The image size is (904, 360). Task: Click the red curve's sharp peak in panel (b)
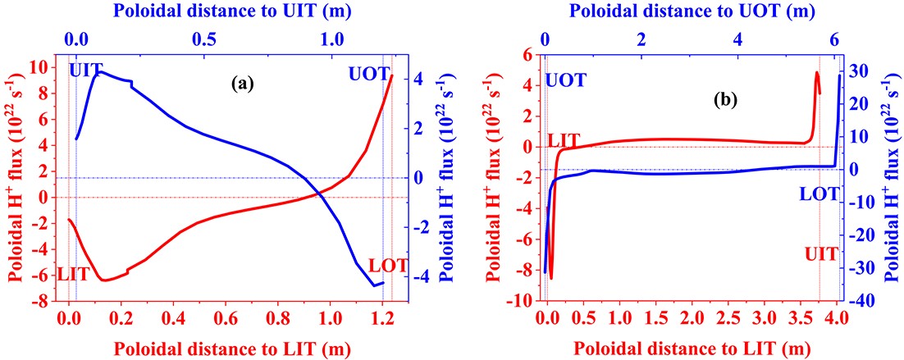point(816,73)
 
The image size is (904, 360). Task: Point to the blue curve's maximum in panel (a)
point(99,72)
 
